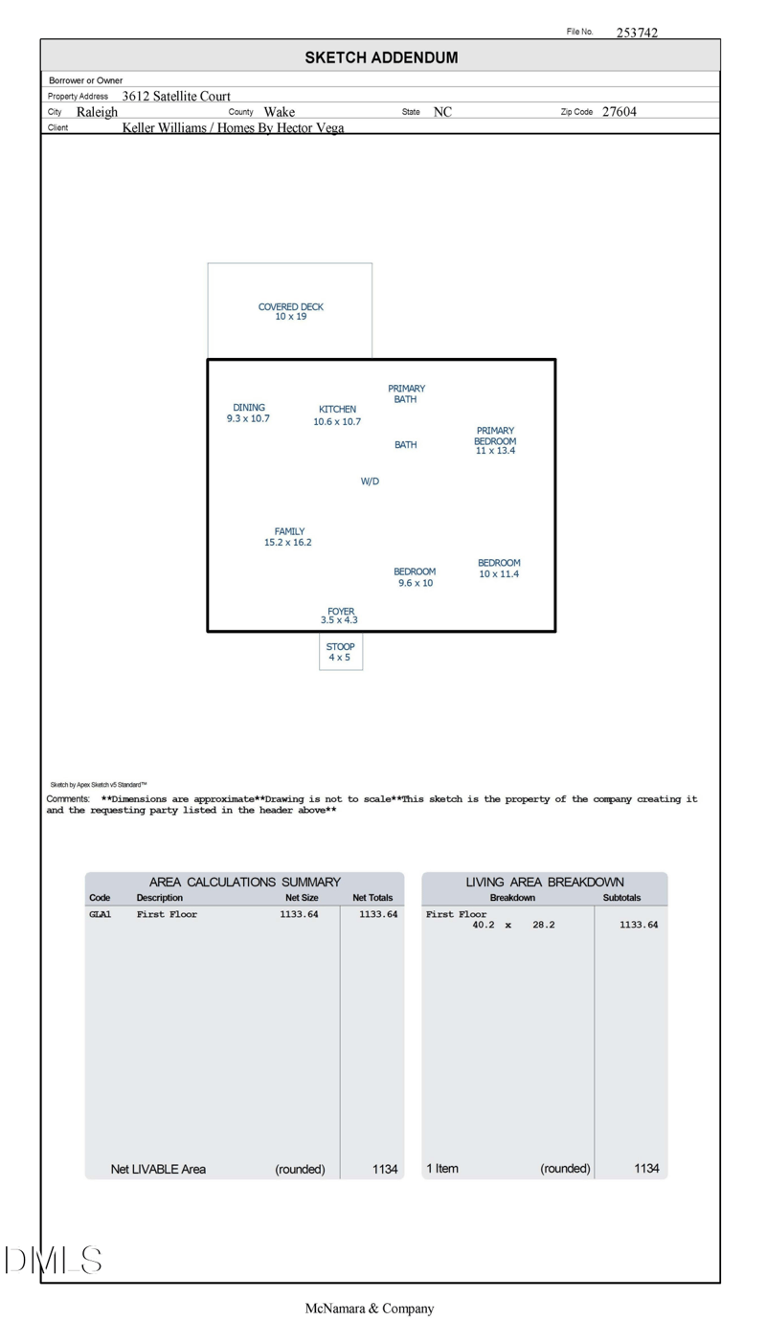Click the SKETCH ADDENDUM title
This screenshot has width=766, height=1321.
pos(381,57)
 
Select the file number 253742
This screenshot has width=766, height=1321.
pos(637,33)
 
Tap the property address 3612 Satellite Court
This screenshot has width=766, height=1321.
pos(176,96)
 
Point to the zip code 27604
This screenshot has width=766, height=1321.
pos(620,112)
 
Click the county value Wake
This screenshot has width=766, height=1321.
pos(280,112)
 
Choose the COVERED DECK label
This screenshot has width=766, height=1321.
pos(291,307)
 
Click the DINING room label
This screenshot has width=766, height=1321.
pos(249,408)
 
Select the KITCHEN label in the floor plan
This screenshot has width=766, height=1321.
pos(337,410)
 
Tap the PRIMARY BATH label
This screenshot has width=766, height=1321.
pos(406,393)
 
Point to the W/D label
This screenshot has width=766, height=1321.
pos(370,481)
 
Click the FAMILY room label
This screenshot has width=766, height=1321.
pos(289,531)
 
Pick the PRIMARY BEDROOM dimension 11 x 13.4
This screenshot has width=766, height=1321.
pos(495,451)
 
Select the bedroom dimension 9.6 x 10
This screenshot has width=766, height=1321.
pos(416,583)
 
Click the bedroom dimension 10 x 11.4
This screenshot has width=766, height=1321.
pos(499,574)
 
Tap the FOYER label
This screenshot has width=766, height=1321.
pos(341,611)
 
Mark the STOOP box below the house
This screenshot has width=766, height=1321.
pos(341,652)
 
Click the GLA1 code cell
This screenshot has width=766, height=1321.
pos(101,914)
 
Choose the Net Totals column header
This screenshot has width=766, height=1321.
pos(373,898)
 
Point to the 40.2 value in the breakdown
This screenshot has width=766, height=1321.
pos(484,925)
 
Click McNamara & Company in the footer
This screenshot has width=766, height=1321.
pos(370,1309)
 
